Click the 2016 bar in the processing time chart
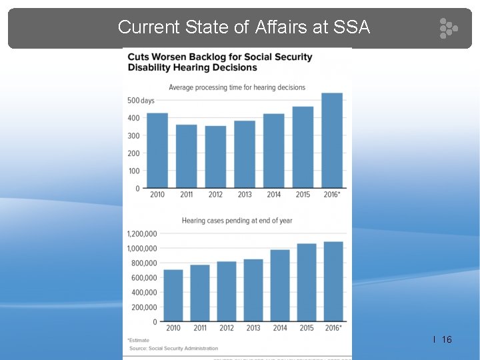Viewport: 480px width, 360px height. pos(332,141)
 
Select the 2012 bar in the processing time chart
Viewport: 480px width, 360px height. pos(215,157)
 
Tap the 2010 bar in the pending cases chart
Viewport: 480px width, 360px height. pos(173,295)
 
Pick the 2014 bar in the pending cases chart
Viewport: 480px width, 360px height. pos(280,286)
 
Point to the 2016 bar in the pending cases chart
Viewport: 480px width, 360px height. pos(333,281)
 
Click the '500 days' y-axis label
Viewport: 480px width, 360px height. pos(140,101)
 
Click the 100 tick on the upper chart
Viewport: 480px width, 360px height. pos(134,171)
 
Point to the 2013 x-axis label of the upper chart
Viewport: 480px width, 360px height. pos(244,195)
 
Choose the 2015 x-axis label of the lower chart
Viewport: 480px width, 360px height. pos(307,328)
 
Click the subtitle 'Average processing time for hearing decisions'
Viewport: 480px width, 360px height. pos(237,87)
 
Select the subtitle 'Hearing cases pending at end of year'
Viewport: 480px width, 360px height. pos(237,221)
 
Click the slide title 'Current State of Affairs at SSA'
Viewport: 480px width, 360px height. pos(243,27)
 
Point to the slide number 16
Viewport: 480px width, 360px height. pos(447,340)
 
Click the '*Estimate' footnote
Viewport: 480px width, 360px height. pos(139,341)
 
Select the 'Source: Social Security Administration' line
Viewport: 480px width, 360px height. pos(173,348)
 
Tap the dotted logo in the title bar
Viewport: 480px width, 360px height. pos(448,28)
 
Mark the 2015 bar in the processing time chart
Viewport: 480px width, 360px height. pos(303,147)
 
